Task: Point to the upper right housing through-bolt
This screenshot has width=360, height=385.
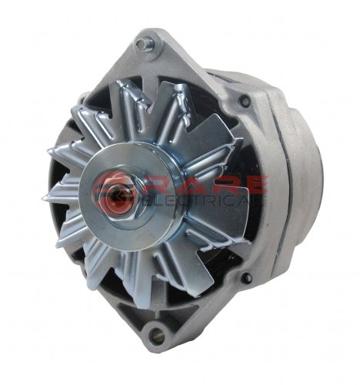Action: pyautogui.click(x=245, y=100)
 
